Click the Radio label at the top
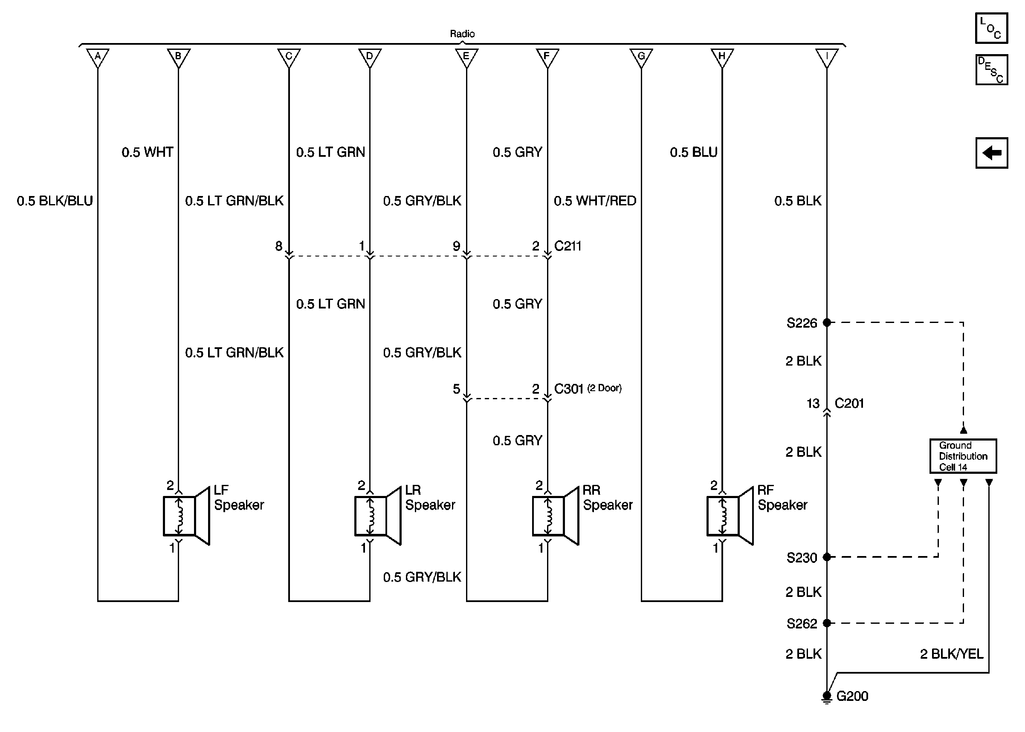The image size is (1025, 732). [462, 34]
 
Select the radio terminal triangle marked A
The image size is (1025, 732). [97, 57]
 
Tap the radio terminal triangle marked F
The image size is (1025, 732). [547, 57]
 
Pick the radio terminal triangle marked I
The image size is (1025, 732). [827, 57]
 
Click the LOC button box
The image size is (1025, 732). [991, 28]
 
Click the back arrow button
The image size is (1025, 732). [991, 153]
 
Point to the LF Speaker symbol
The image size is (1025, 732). [186, 516]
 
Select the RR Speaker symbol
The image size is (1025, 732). [555, 516]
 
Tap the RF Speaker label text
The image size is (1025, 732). [782, 497]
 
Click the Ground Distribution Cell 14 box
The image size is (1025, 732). [963, 456]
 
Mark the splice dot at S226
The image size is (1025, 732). [827, 322]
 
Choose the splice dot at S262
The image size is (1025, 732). [827, 623]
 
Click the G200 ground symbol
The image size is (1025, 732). [827, 696]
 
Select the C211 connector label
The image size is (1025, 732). [568, 246]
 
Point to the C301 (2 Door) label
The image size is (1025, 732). [587, 389]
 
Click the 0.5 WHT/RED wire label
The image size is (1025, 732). [594, 201]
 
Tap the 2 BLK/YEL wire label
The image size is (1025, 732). [951, 654]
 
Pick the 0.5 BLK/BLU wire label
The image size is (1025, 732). [55, 201]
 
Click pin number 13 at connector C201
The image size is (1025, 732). [813, 403]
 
